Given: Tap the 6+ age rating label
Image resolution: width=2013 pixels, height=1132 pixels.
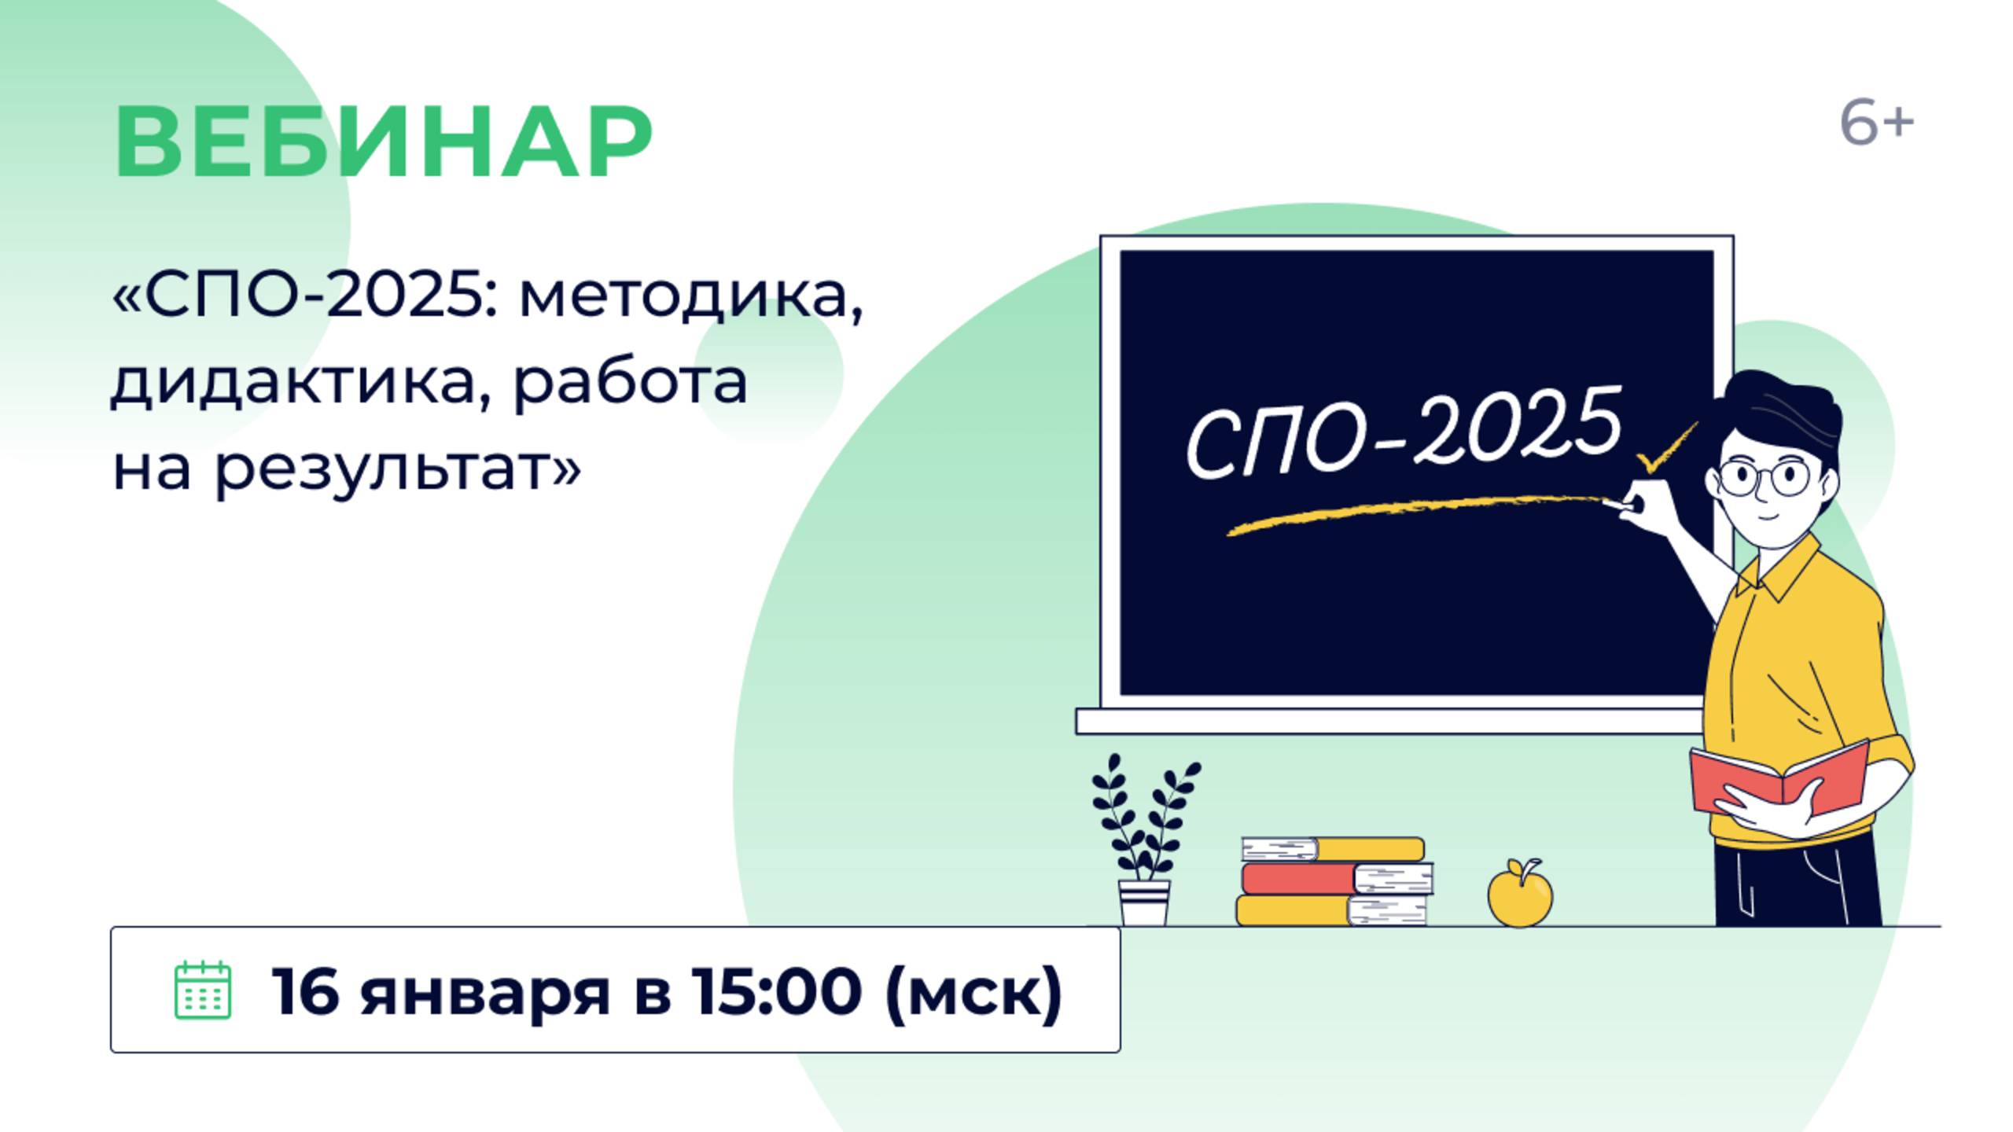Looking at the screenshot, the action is point(1877,124).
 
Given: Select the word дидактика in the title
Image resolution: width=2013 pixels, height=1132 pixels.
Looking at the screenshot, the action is point(296,383).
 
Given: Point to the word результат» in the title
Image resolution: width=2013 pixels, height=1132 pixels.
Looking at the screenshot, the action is point(398,470).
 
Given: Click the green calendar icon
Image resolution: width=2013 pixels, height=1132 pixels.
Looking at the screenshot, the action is point(203,989).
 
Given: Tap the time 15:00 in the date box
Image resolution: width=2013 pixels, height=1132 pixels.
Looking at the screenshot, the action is point(776,990).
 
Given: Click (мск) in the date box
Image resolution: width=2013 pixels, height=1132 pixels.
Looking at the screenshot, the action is point(973,992).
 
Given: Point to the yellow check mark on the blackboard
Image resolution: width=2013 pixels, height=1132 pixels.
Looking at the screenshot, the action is point(1665,448).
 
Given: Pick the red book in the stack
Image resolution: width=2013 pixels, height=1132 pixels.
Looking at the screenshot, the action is point(1337,878).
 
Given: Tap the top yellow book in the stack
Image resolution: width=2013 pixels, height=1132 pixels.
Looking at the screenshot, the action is point(1333,849).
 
